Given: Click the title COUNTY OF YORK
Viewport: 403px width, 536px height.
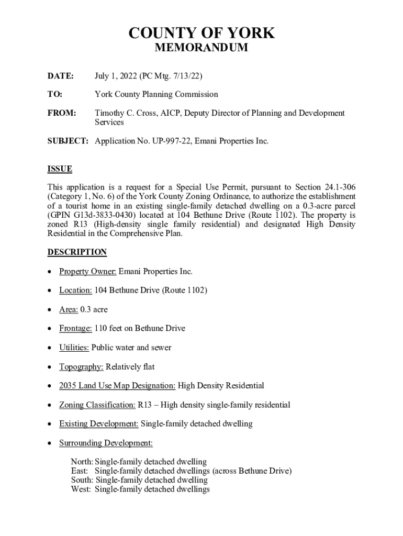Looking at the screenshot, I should tap(201, 33).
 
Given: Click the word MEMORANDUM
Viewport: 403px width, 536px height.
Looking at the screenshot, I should tap(201, 48).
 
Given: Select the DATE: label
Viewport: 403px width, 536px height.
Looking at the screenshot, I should tap(60, 76).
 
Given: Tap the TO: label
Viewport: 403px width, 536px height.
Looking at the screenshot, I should tap(55, 95).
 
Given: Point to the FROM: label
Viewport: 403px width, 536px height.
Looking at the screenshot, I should tap(62, 113).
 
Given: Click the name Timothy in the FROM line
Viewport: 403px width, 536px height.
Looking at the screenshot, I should tap(109, 113).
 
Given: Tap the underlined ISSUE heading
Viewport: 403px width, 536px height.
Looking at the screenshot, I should tap(60, 169).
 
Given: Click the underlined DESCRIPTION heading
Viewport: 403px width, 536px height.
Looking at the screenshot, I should tap(77, 252).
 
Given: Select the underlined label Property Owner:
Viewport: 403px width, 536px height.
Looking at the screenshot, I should tap(87, 272).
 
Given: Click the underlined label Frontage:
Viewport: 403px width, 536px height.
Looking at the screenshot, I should tap(75, 329).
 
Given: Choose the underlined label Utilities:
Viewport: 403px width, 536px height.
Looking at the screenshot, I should tap(74, 348).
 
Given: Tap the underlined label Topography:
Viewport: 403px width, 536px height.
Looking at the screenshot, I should tap(81, 367).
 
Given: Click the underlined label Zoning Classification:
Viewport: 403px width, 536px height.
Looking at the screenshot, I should tap(97, 405).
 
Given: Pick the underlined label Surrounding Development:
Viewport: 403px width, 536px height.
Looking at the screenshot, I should tap(106, 443).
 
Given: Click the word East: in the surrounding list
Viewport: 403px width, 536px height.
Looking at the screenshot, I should tap(81, 471).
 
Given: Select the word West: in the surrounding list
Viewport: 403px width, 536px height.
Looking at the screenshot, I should tap(81, 489).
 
